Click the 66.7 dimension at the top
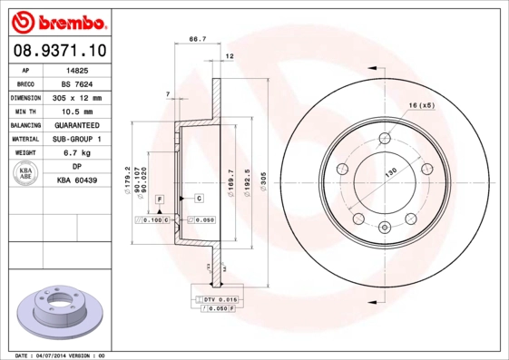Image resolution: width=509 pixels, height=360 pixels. [196, 39]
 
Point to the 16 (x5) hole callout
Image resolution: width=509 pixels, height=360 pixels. [422, 106]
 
